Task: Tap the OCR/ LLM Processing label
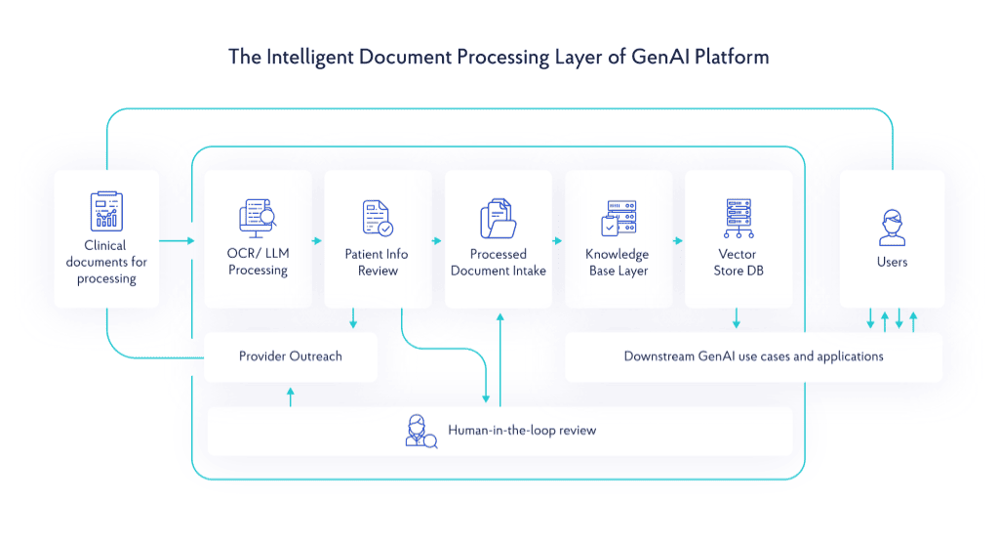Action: tap(258, 262)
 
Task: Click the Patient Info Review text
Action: tap(377, 262)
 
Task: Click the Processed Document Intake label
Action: tap(498, 262)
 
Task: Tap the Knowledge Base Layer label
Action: tap(619, 262)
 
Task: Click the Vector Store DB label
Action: tap(738, 262)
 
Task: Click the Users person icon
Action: tap(892, 227)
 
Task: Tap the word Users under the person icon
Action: tap(892, 262)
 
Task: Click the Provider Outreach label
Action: tap(291, 356)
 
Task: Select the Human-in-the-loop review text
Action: tap(522, 430)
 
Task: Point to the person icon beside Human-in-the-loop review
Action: tap(420, 431)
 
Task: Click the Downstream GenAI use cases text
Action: tap(753, 356)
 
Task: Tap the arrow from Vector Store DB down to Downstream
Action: tap(738, 319)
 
